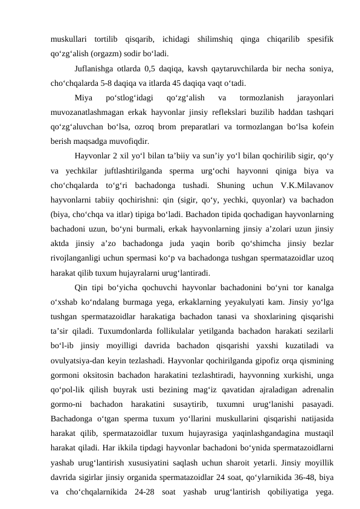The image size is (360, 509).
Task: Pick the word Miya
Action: point(83,97)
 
